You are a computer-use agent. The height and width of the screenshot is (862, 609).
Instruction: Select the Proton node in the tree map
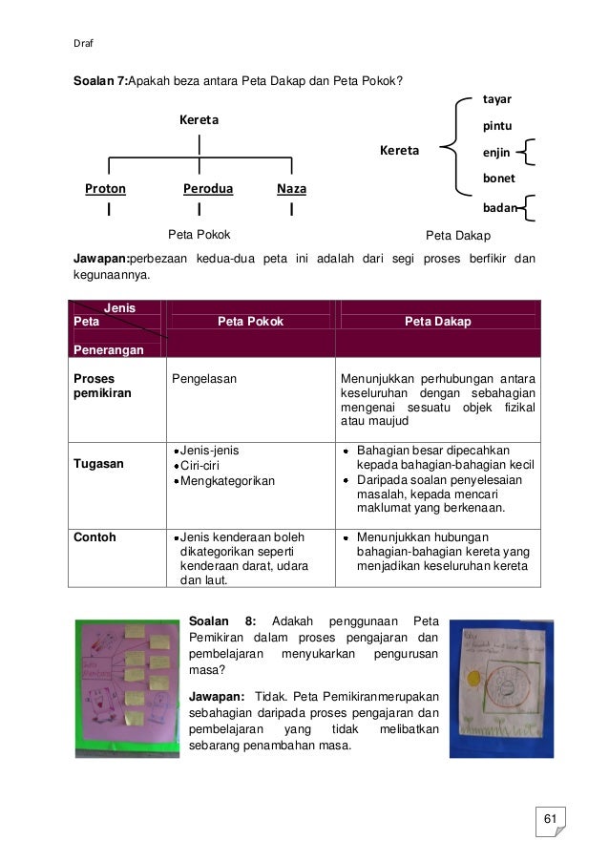click(x=105, y=189)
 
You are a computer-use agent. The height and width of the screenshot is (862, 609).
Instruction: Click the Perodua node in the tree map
click(x=208, y=189)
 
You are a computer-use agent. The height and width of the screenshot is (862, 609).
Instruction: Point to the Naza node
click(x=291, y=189)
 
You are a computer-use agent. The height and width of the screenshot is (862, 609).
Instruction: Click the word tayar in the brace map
click(x=497, y=100)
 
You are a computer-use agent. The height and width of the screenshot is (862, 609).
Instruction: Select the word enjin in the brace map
click(x=496, y=152)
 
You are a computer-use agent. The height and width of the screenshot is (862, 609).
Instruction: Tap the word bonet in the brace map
click(x=498, y=179)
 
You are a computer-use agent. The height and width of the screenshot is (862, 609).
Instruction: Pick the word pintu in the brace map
click(x=496, y=126)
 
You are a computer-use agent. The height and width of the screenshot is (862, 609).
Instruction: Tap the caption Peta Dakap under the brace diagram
click(x=458, y=235)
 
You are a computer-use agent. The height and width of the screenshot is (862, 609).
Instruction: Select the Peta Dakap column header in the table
click(x=437, y=323)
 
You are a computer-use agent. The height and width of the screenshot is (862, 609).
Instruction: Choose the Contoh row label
click(x=94, y=537)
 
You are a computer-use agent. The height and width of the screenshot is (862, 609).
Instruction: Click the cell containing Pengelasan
click(x=204, y=378)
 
